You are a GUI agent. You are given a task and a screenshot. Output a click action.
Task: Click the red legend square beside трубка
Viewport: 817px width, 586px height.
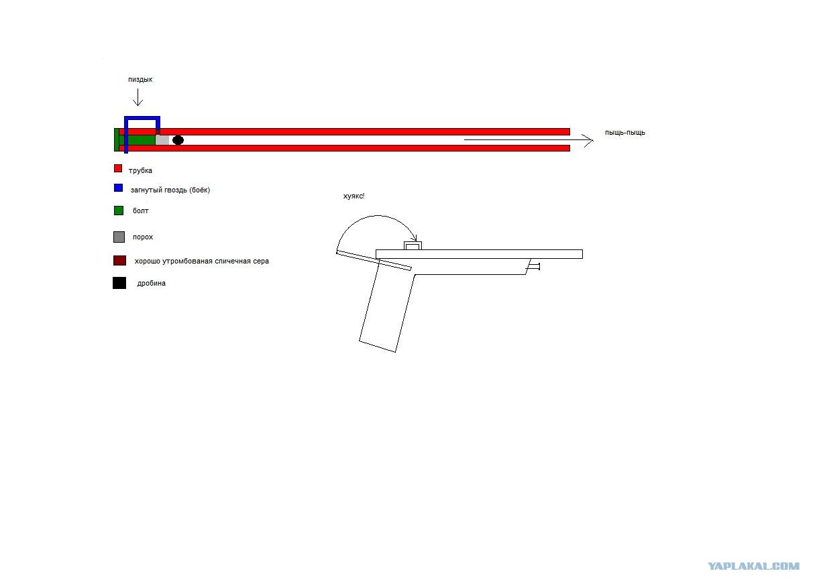(118, 168)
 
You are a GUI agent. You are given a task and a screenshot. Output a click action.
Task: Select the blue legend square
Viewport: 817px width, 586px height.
(118, 188)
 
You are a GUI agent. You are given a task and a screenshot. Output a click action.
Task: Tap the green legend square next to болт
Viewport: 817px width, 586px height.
(119, 211)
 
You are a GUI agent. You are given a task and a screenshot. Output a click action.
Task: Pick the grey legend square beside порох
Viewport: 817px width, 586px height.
(119, 237)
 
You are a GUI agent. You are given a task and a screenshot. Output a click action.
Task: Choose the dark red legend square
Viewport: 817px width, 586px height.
(119, 261)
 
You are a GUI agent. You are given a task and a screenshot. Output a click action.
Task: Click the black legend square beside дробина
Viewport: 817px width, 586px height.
(119, 284)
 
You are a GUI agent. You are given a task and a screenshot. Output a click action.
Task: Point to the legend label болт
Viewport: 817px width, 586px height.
(141, 211)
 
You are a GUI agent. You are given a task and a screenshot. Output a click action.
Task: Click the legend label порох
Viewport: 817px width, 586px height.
(143, 237)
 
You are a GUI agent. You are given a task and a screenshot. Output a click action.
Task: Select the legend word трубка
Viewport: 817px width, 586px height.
(140, 171)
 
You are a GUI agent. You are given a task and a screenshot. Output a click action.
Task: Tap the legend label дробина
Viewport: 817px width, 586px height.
(152, 284)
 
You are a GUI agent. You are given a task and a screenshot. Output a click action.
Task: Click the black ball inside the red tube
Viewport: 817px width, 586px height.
(178, 140)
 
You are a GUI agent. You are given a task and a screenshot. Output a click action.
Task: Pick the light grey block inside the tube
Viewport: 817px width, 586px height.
(162, 140)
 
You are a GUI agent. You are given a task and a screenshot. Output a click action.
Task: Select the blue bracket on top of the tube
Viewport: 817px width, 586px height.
(142, 118)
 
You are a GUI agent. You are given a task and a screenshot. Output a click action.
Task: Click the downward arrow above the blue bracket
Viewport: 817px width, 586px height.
(138, 97)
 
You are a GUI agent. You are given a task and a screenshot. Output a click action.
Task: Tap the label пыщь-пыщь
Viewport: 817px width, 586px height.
(624, 133)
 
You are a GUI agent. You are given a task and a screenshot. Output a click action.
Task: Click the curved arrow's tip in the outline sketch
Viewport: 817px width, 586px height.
(416, 240)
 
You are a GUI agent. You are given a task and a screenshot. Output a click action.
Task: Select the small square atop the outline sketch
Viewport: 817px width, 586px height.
(413, 246)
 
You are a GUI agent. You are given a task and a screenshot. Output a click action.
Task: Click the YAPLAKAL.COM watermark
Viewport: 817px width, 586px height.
(753, 567)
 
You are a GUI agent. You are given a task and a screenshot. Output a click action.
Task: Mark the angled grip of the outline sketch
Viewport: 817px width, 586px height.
(387, 306)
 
